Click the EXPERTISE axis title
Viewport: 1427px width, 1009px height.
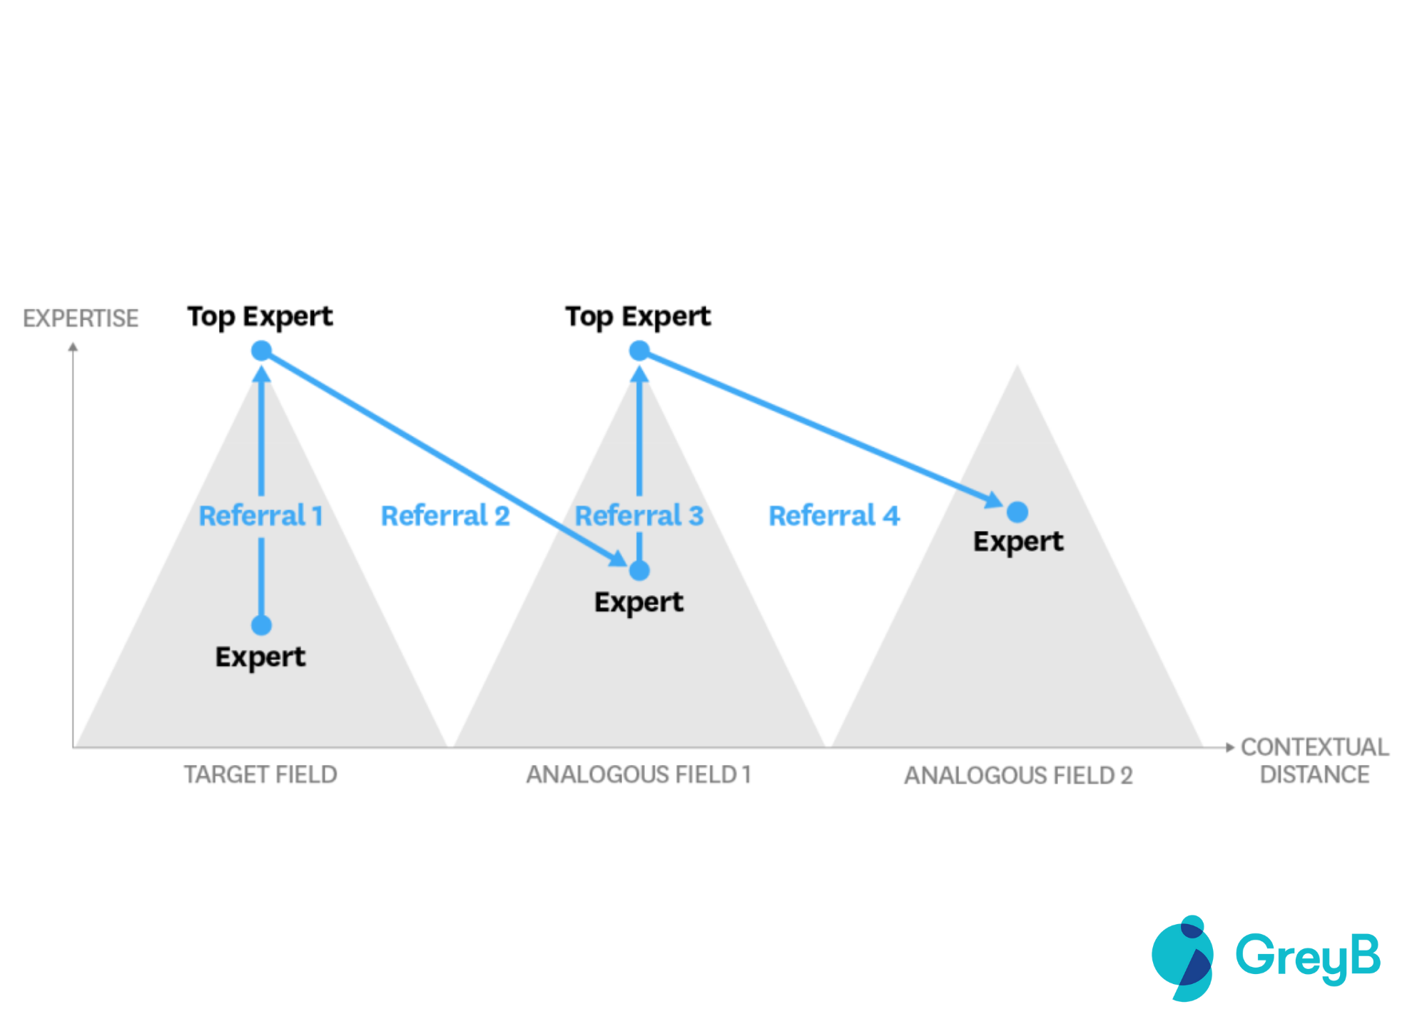(x=81, y=318)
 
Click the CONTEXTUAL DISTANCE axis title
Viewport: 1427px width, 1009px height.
(x=1314, y=761)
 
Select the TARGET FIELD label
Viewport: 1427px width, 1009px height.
(x=260, y=774)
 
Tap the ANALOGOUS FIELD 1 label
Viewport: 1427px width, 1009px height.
(x=639, y=774)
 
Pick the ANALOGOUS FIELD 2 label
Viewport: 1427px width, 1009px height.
(x=1018, y=775)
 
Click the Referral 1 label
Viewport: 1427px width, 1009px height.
(x=260, y=515)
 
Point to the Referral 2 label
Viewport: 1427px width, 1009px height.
(x=445, y=515)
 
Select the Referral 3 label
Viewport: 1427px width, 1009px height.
(x=639, y=515)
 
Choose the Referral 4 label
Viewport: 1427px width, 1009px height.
(x=834, y=515)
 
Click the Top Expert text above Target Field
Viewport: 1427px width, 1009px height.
(x=260, y=317)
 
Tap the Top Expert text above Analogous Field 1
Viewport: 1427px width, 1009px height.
(x=638, y=317)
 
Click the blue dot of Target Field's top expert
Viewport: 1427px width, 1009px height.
(x=261, y=350)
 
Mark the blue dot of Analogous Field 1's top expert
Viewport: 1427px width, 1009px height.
(x=639, y=350)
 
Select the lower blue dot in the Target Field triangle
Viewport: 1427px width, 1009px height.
(x=261, y=625)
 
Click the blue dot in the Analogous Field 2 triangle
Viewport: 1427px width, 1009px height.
(x=1017, y=512)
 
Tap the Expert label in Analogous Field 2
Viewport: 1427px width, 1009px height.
(x=1018, y=542)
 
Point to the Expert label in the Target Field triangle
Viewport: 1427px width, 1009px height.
(x=260, y=657)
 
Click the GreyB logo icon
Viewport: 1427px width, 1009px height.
(x=1182, y=958)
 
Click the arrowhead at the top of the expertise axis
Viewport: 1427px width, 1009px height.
(x=73, y=348)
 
